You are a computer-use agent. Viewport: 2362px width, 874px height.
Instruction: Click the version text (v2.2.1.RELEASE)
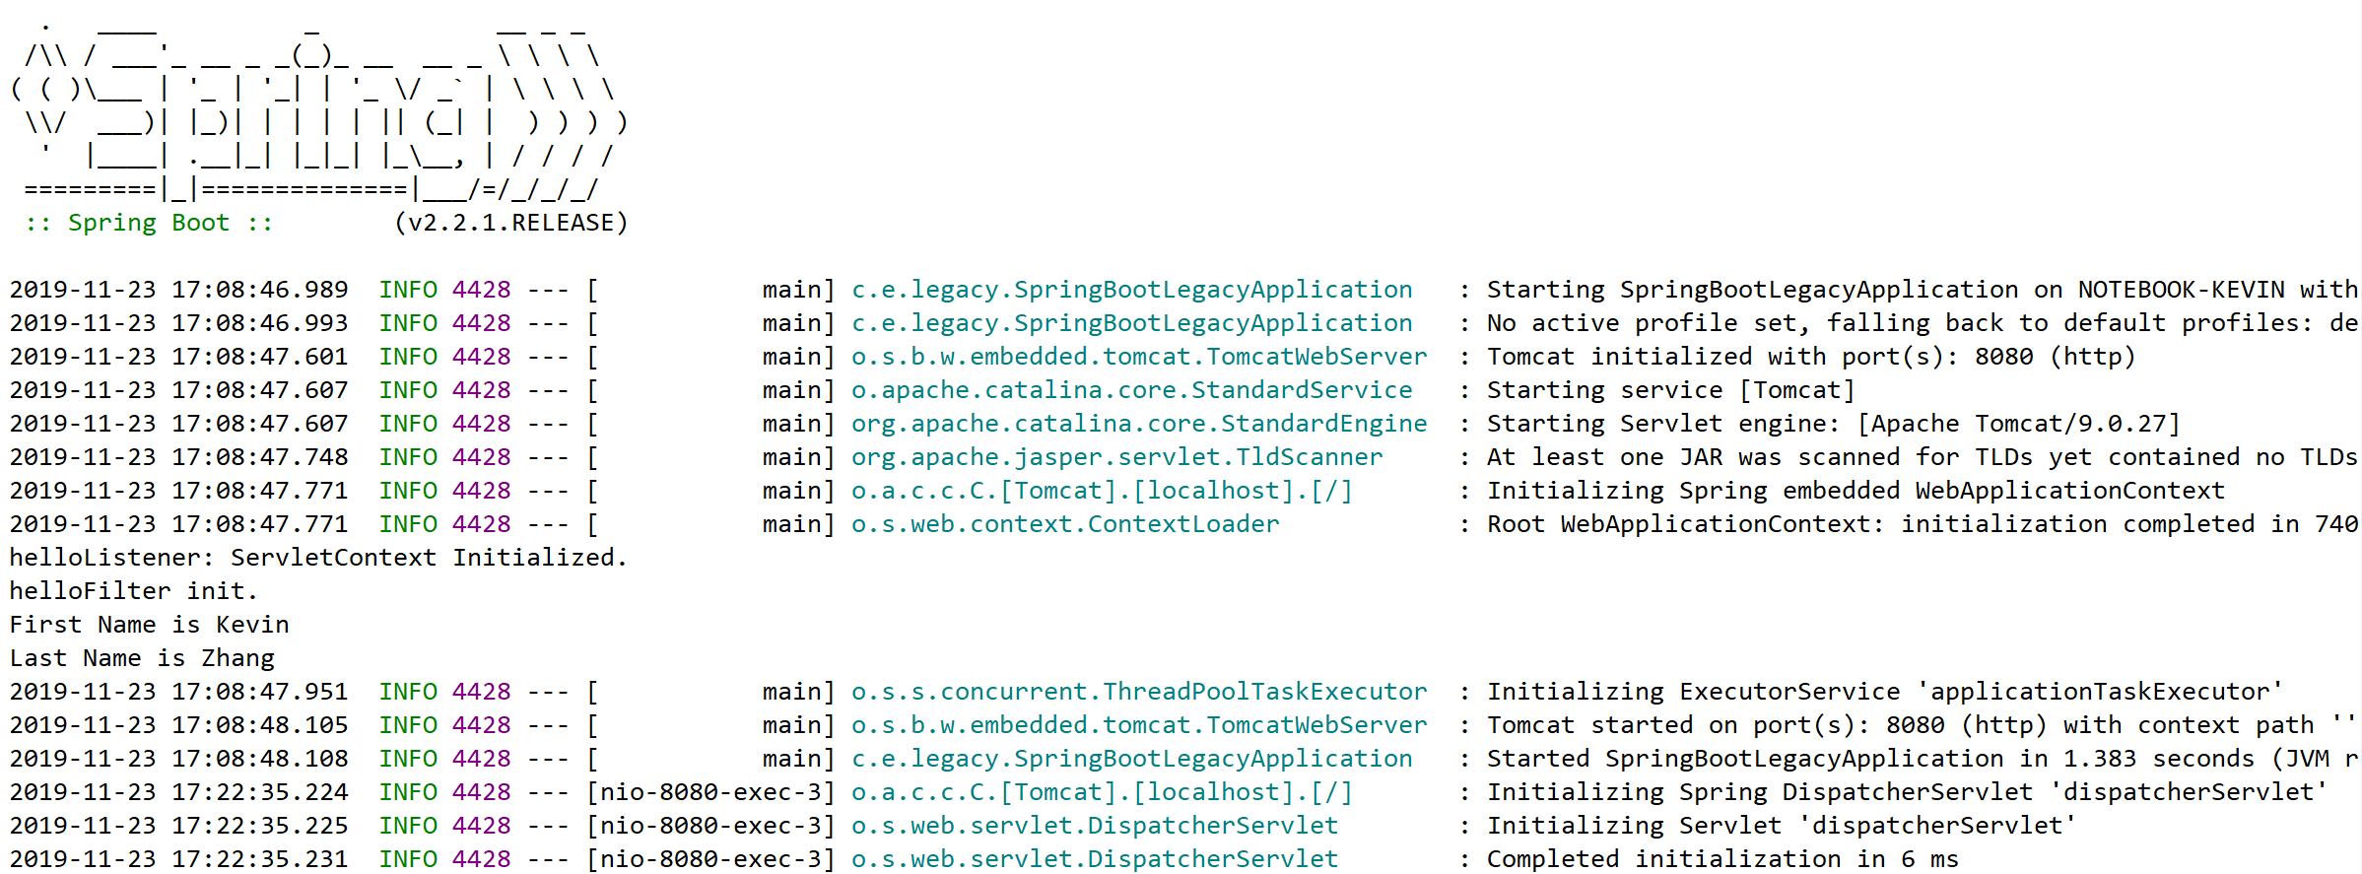click(510, 224)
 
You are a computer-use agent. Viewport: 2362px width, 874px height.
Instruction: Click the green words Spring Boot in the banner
click(149, 224)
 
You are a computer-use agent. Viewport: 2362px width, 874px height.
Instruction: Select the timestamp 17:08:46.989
click(260, 290)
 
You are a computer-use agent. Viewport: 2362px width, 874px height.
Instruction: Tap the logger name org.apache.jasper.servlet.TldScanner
click(1117, 457)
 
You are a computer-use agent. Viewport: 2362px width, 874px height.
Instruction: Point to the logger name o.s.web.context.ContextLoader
click(1065, 524)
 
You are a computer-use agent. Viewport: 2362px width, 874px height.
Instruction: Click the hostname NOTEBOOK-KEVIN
click(2181, 290)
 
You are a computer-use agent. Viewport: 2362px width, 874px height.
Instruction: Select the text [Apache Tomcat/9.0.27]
click(2019, 424)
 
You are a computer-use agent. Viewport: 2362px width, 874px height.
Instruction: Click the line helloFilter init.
click(134, 591)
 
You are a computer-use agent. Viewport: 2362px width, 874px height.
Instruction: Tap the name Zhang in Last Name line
click(237, 658)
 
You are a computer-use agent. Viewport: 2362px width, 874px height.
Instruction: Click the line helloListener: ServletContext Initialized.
click(318, 558)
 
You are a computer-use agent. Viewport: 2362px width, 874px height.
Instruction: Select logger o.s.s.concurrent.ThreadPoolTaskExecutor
click(1139, 692)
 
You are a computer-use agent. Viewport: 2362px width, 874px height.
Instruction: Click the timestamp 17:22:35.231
click(260, 859)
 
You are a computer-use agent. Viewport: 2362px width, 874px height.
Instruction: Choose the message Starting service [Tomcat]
click(1671, 390)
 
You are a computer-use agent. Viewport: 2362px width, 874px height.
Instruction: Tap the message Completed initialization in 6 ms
click(1722, 859)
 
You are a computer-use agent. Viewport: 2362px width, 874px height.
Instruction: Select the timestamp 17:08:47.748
click(260, 457)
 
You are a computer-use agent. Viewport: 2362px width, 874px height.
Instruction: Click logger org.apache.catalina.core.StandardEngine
click(1139, 424)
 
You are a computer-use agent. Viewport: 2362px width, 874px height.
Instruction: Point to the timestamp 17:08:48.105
click(260, 725)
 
